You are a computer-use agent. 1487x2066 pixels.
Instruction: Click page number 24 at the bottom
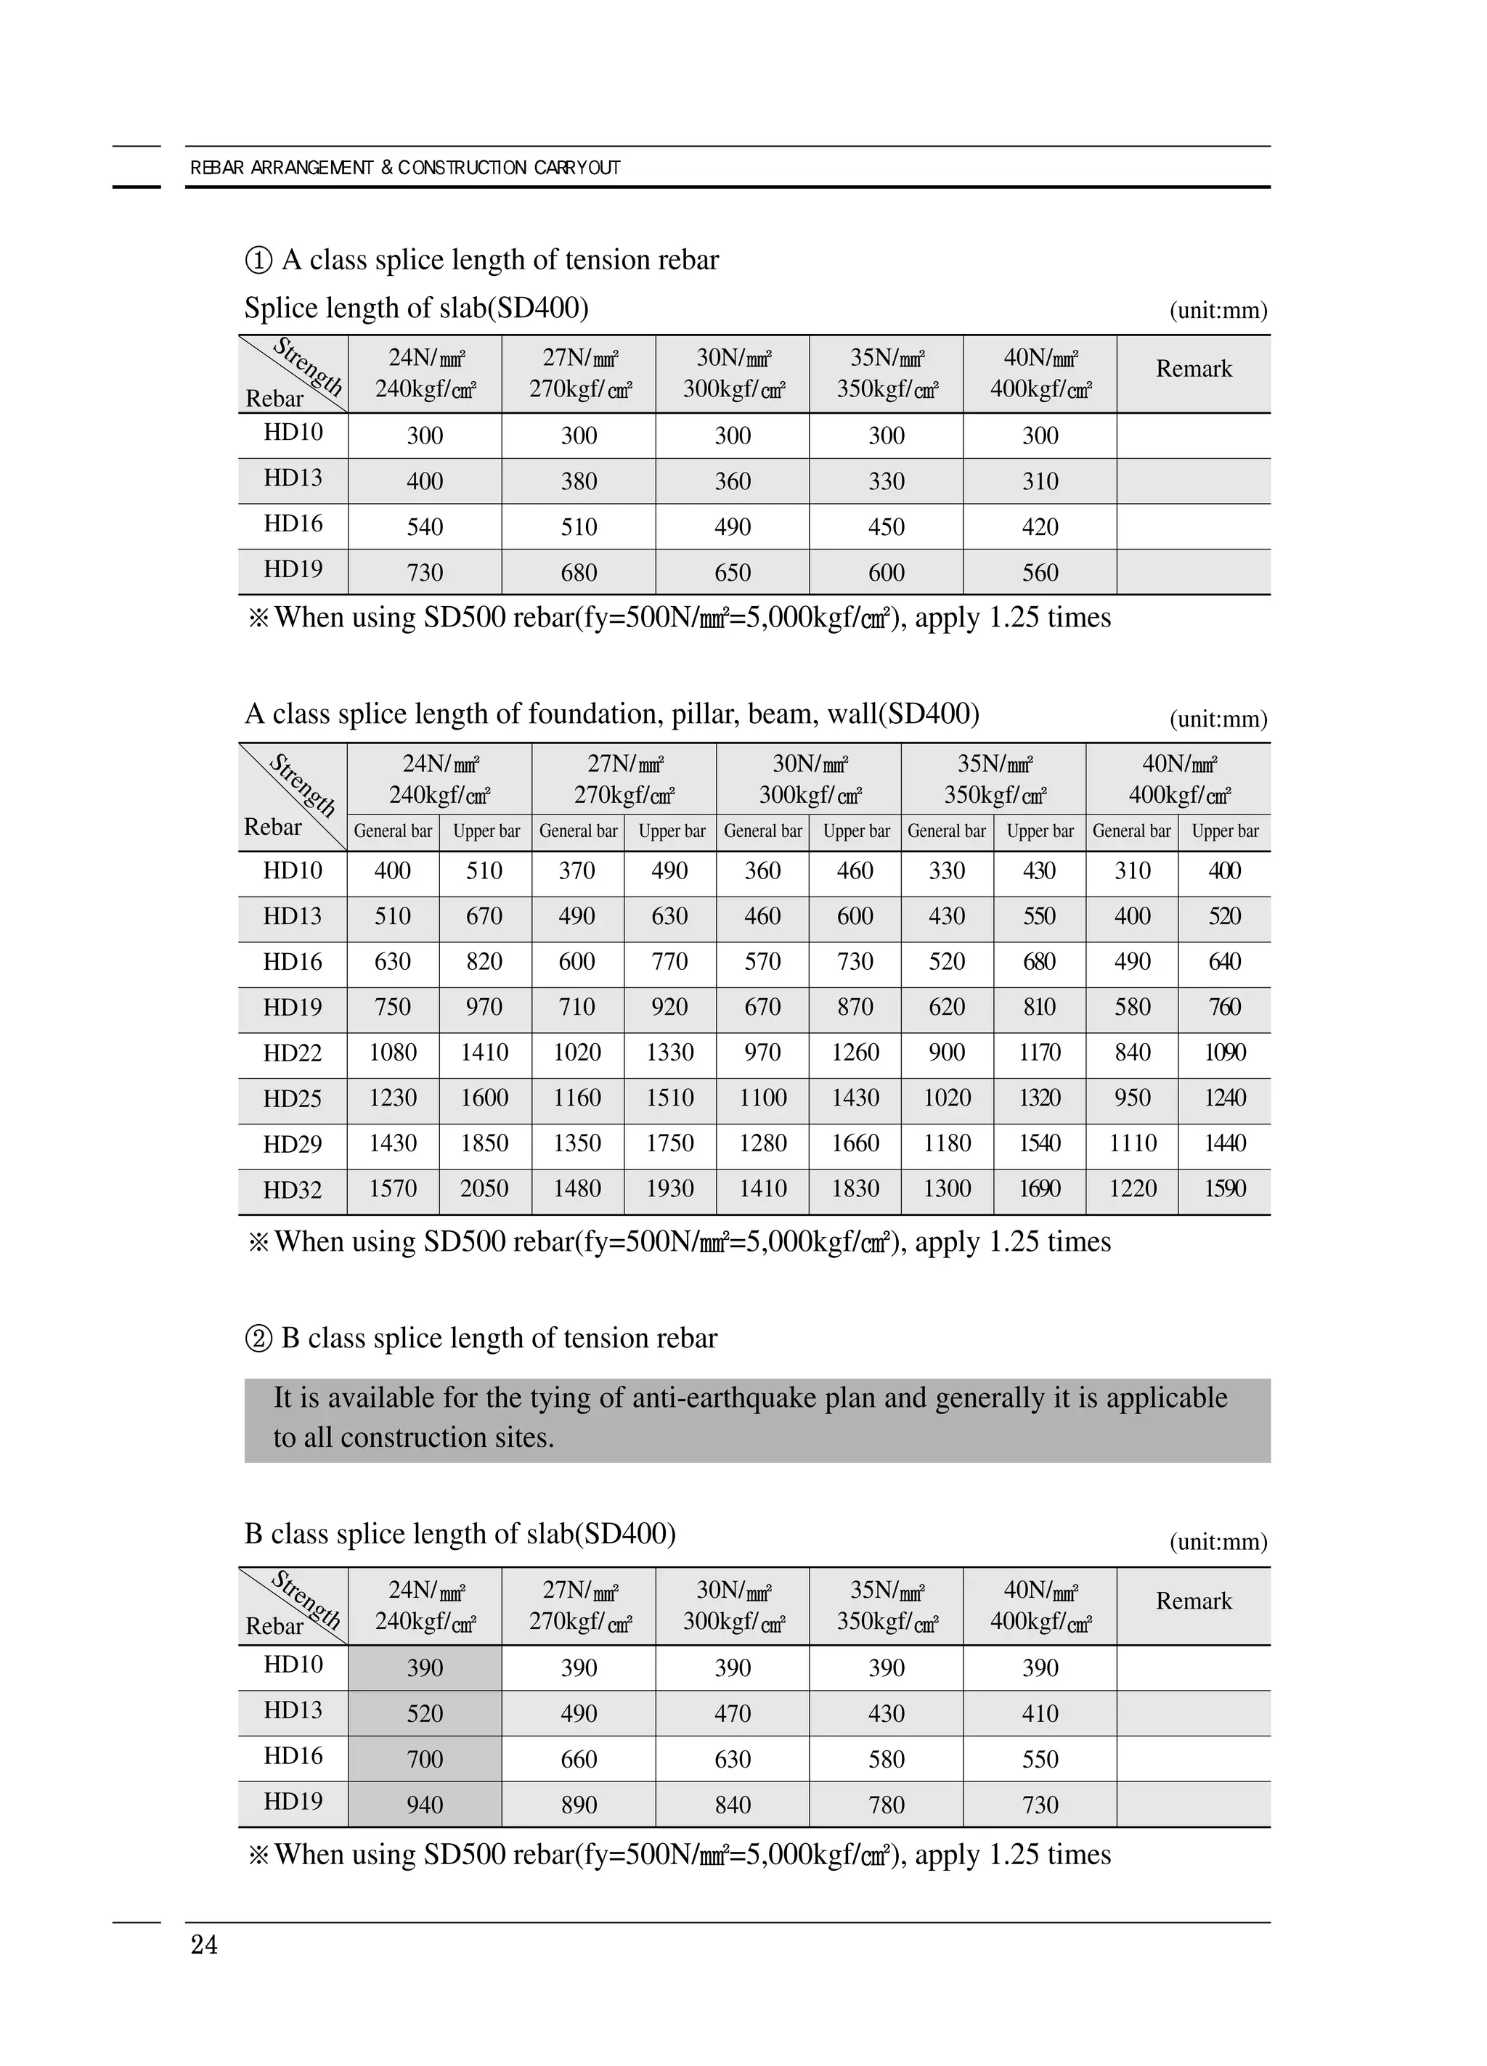tap(204, 1945)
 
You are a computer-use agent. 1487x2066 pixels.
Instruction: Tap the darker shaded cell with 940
tap(425, 1805)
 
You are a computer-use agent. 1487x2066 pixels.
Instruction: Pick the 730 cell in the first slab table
tap(425, 572)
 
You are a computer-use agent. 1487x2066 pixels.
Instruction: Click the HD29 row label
tap(293, 1144)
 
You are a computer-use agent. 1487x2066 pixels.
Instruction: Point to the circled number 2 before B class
tap(258, 1338)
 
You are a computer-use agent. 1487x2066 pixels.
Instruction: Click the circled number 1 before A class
tap(258, 261)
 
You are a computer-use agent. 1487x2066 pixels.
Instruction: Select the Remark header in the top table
tap(1194, 369)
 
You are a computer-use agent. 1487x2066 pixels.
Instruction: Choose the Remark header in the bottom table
tap(1194, 1601)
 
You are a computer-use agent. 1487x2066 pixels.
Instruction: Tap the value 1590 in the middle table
tap(1225, 1189)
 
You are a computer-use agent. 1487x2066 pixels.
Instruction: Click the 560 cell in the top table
tap(1040, 572)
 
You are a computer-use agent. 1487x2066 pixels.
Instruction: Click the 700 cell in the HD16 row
tap(425, 1759)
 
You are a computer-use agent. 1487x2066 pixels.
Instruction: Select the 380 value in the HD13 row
tap(579, 481)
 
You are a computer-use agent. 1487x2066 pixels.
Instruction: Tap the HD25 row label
tap(293, 1098)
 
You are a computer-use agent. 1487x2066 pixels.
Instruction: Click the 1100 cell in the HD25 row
tap(762, 1098)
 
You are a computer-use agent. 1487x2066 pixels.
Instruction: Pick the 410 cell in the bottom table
tap(1040, 1713)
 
